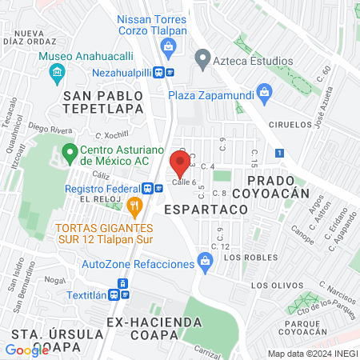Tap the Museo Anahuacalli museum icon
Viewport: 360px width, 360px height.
coord(55,74)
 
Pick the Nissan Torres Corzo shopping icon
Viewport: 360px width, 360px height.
coord(169,46)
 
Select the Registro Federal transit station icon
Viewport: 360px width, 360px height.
coord(149,189)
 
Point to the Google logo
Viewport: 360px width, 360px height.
coord(26,350)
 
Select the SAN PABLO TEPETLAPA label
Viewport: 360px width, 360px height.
coord(103,102)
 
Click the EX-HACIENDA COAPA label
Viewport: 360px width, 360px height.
coord(154,322)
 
